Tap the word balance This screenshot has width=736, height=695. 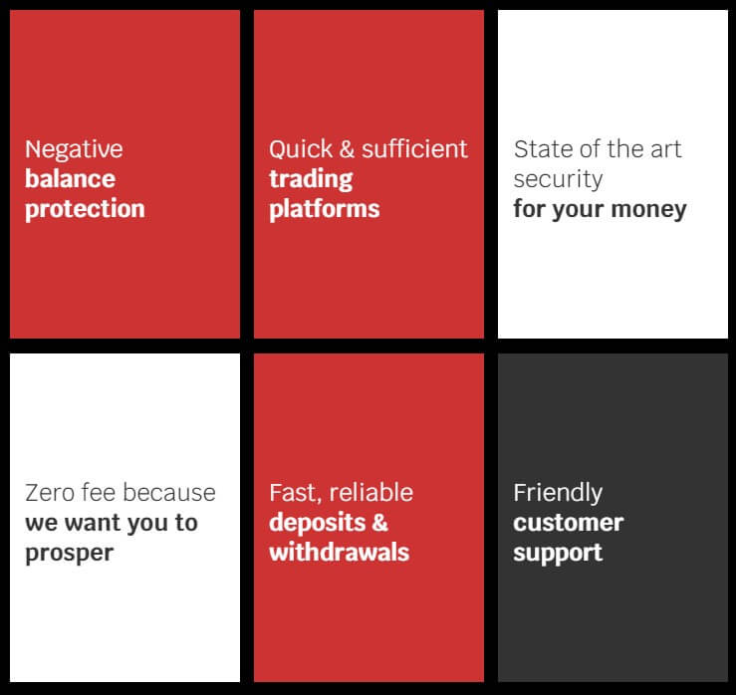[71, 179]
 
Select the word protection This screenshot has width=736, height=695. [85, 209]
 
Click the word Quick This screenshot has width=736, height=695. [301, 149]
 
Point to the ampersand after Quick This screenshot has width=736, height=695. [347, 149]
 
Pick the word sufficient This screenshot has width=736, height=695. [414, 149]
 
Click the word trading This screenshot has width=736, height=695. [311, 180]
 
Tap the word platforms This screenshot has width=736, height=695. [325, 209]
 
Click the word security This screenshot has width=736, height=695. [558, 180]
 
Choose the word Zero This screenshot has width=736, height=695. [50, 493]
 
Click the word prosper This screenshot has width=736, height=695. [70, 554]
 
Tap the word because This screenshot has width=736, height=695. [169, 493]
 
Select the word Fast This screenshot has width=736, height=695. [296, 493]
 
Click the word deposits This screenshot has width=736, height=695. [318, 523]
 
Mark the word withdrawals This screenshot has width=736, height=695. [340, 553]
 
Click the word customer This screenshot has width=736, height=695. [569, 524]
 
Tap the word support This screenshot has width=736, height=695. [558, 554]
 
